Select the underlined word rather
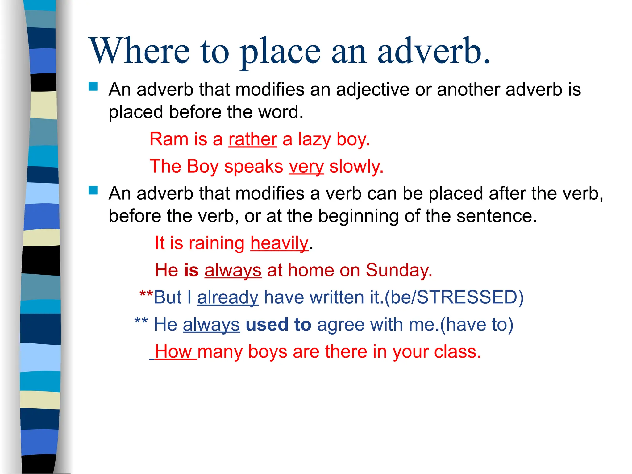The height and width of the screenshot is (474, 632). [252, 139]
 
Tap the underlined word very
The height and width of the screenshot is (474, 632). [306, 167]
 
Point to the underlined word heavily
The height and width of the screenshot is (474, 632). [279, 243]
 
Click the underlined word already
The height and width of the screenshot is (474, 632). [228, 297]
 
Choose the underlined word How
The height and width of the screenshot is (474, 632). [173, 352]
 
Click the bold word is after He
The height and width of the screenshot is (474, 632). [191, 270]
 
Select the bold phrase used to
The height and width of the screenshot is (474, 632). [278, 325]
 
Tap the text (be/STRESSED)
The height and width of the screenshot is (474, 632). [454, 297]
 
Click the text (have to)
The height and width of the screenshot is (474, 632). [476, 325]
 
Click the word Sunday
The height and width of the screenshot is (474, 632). [399, 270]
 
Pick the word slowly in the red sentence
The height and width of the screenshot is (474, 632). [356, 167]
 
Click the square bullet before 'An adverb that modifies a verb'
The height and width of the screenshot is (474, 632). [93, 190]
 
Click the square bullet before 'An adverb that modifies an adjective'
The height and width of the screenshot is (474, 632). [93, 86]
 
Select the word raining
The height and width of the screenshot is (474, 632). [217, 243]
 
